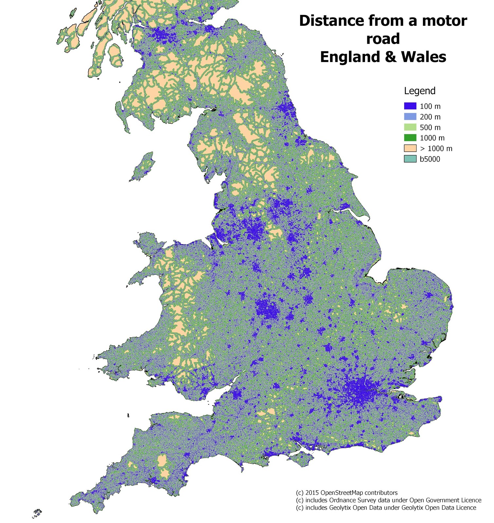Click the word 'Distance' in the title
(x=331, y=21)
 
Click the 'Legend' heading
(x=419, y=91)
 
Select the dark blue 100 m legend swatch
(x=410, y=106)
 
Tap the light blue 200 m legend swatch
(x=410, y=117)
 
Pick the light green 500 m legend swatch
(x=410, y=127)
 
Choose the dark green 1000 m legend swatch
(x=410, y=138)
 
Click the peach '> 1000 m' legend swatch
(x=410, y=148)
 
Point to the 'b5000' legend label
(x=430, y=159)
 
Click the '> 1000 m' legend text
(x=436, y=148)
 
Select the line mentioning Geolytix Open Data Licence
(x=386, y=508)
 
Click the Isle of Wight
(x=301, y=459)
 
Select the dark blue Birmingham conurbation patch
(x=267, y=309)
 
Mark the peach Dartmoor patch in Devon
(x=162, y=463)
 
